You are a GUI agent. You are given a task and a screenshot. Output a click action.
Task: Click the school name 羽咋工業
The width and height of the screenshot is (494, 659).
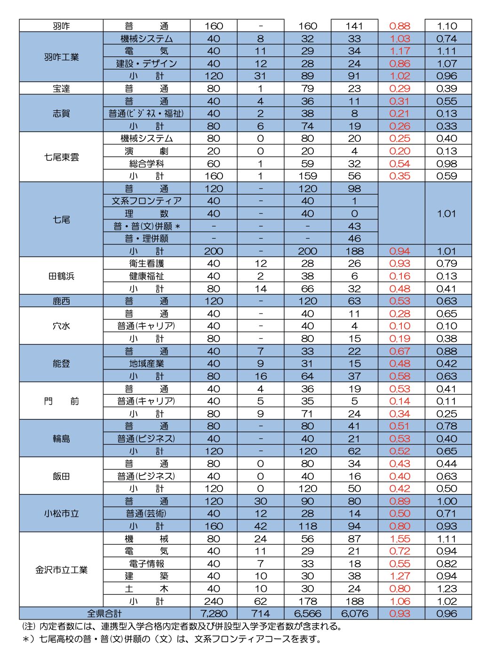[61, 57]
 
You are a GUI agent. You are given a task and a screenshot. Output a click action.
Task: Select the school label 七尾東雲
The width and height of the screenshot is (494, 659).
[61, 157]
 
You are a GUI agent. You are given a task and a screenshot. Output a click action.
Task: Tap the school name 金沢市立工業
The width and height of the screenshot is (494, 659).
[61, 570]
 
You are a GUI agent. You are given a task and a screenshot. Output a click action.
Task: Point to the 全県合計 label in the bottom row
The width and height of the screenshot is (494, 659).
[104, 614]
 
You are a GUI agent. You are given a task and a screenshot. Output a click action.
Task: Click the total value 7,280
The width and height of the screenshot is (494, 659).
[214, 614]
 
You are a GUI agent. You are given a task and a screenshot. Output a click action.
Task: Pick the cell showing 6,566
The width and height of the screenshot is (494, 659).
[308, 614]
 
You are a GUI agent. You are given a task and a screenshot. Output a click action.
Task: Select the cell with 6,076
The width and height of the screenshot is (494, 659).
[354, 614]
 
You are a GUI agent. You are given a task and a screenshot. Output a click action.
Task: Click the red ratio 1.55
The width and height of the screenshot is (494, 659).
[400, 539]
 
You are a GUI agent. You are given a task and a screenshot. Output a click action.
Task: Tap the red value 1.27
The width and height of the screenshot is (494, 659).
[400, 576]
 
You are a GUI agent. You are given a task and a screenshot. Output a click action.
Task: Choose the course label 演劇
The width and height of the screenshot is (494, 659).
[146, 151]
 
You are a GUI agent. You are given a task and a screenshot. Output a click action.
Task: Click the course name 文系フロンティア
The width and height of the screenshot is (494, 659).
[146, 201]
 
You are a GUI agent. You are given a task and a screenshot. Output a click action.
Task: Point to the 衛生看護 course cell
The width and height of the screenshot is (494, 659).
[146, 264]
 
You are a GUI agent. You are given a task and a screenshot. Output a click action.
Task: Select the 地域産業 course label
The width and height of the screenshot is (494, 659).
[146, 364]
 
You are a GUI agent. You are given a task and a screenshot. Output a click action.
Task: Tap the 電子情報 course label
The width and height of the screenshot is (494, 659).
[146, 564]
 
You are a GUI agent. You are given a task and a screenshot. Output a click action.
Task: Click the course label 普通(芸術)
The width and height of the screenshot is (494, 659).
[146, 514]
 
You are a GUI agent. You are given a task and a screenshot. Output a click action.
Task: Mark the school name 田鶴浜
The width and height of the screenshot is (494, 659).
[61, 276]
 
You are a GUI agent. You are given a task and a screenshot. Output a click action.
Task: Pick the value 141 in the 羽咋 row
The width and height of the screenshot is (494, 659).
[354, 26]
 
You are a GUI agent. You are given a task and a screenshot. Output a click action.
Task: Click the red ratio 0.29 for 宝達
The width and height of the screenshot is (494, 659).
[400, 89]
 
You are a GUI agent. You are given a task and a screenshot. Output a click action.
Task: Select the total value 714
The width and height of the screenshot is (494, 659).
[261, 614]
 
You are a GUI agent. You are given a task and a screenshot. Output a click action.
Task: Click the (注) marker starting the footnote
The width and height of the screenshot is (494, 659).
[29, 627]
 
